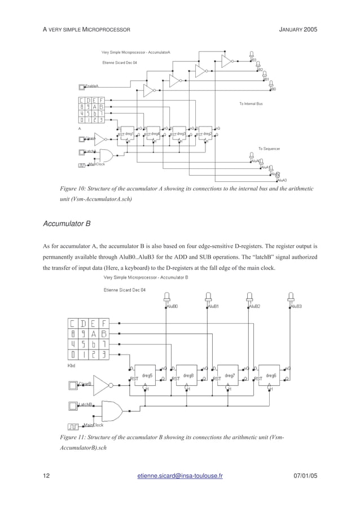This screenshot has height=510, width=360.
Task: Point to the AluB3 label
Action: pyautogui.click(x=296, y=306)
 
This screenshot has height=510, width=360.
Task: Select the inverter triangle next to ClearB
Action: pyautogui.click(x=102, y=386)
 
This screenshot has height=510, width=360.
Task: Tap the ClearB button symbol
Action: pyautogui.click(x=72, y=386)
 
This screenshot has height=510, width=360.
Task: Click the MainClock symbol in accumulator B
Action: pyautogui.click(x=73, y=426)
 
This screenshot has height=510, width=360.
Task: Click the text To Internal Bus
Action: pyautogui.click(x=251, y=104)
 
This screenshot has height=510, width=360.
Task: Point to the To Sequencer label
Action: pyautogui.click(x=270, y=149)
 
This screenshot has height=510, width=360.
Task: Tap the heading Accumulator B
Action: pyautogui.click(x=67, y=224)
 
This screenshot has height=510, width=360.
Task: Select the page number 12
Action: pyautogui.click(x=47, y=476)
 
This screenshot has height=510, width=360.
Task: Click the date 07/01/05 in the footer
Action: pyautogui.click(x=306, y=476)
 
